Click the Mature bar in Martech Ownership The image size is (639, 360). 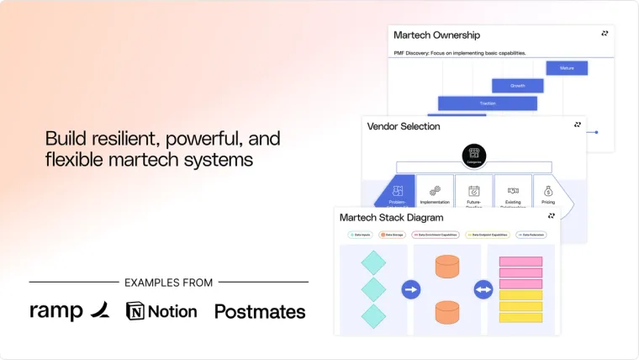point(567,68)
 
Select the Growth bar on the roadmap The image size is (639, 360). point(518,86)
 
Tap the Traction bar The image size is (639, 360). point(488,103)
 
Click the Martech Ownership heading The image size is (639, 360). point(436,35)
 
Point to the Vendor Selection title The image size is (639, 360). point(404,126)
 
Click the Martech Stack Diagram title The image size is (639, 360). point(391,217)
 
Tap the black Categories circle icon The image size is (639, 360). point(474,154)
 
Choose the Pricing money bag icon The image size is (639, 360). point(548,192)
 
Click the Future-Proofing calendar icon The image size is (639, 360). point(474,192)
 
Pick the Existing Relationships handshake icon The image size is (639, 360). point(513,192)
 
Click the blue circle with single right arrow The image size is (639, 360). point(411,290)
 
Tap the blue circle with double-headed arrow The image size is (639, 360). point(483,290)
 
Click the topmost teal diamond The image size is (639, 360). point(373,262)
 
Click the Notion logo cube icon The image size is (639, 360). point(135,311)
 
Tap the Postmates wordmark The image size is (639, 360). point(260,311)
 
